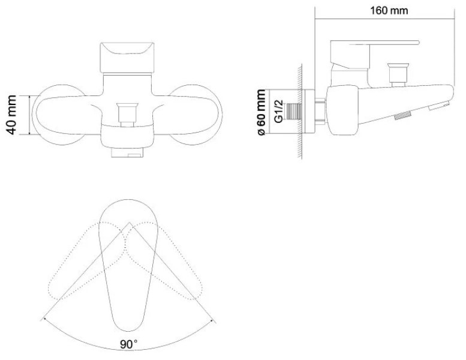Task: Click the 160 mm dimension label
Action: pos(389,11)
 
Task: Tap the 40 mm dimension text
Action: pos(11,115)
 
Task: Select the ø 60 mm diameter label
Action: pos(261,112)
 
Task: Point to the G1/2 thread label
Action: pos(278,112)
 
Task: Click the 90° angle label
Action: pos(129,344)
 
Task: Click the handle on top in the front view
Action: pos(127,58)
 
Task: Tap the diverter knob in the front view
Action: pos(127,115)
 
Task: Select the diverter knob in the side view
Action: pos(399,74)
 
